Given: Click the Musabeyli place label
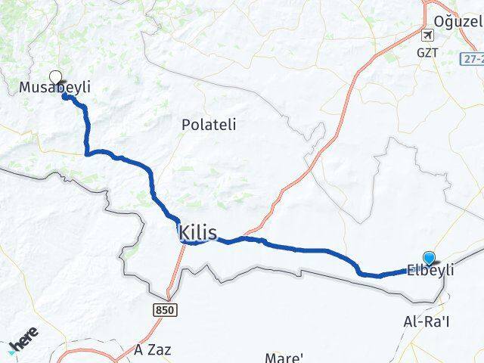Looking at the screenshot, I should (49, 88).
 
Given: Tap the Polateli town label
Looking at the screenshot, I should (209, 126).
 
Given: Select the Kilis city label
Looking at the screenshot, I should (198, 232).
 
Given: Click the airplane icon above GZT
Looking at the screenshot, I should (429, 36).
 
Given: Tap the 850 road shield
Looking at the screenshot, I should (163, 309).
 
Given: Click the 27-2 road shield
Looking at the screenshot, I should (473, 57).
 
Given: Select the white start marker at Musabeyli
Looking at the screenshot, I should (55, 76).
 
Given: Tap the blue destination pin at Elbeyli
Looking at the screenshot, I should (430, 258).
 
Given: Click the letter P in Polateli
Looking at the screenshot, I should (186, 126).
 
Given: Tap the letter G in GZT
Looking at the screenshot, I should (420, 54).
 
